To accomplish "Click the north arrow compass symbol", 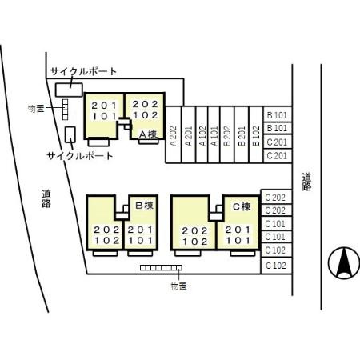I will click(342, 261).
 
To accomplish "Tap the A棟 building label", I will click(147, 134).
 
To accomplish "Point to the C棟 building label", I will click(241, 206).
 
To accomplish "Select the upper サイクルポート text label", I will click(82, 71).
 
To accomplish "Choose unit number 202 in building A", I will click(145, 104).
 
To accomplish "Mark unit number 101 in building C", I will click(236, 240).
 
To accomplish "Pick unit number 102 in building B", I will click(106, 240).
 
